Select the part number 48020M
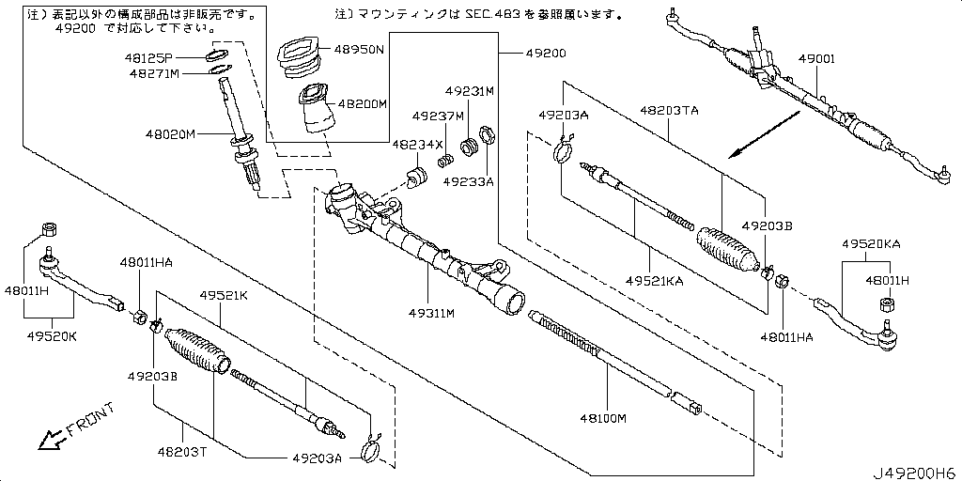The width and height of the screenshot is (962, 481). (169, 134)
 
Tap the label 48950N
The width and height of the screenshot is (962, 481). (362, 49)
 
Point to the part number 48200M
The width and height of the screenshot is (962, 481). (362, 104)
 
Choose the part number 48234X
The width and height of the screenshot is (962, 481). (417, 145)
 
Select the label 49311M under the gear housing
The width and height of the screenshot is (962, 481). (431, 313)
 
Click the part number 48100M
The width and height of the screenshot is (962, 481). (603, 418)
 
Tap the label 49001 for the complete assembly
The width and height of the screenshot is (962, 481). (817, 58)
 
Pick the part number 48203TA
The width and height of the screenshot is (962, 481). (669, 110)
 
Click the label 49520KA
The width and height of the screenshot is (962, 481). (871, 243)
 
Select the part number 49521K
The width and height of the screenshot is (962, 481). (223, 295)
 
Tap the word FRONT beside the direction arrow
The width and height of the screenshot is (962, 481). (91, 420)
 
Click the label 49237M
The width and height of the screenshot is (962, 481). (438, 116)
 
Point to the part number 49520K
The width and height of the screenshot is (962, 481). (52, 334)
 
